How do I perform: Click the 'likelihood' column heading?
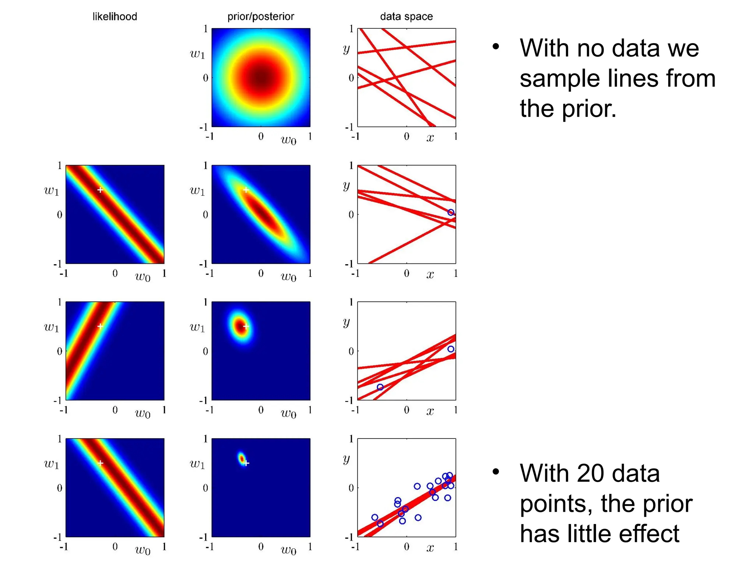pyautogui.click(x=114, y=17)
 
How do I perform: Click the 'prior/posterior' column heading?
pyautogui.click(x=261, y=17)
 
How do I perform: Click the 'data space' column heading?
pyautogui.click(x=406, y=17)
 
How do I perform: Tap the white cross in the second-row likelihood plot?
pyautogui.click(x=100, y=190)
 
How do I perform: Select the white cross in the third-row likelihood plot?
pyautogui.click(x=100, y=326)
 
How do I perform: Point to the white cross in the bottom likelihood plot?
pyautogui.click(x=100, y=463)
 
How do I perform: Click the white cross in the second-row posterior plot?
pyautogui.click(x=246, y=190)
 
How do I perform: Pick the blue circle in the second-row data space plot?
pyautogui.click(x=451, y=212)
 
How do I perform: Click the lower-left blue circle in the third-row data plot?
pyautogui.click(x=380, y=387)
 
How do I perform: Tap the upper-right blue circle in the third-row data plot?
pyautogui.click(x=451, y=349)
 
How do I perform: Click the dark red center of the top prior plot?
pyautogui.click(x=261, y=78)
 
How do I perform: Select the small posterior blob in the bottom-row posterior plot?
pyautogui.click(x=242, y=459)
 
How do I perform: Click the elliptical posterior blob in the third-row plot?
pyautogui.click(x=241, y=326)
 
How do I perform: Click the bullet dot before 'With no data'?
pyautogui.click(x=496, y=47)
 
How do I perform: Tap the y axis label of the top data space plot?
pyautogui.click(x=346, y=49)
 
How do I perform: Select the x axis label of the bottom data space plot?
pyautogui.click(x=430, y=548)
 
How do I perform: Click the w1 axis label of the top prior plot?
pyautogui.click(x=197, y=55)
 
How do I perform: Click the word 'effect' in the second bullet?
pyautogui.click(x=648, y=534)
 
